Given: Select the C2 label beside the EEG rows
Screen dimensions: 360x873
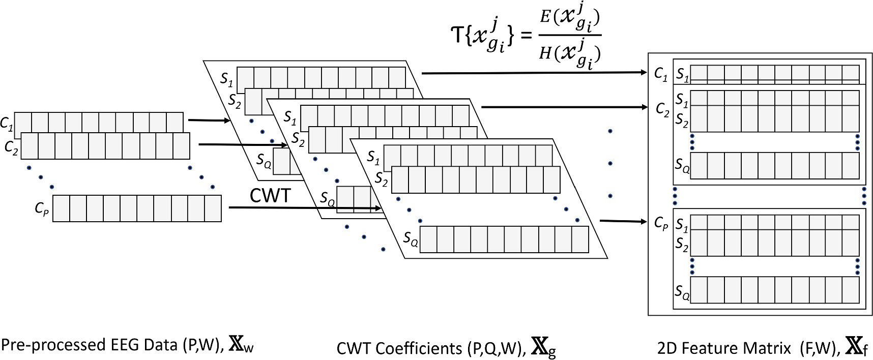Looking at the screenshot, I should point(12,147).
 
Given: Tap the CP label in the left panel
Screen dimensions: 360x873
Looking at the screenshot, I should point(42,209).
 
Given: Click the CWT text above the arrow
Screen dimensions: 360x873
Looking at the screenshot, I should point(270,196).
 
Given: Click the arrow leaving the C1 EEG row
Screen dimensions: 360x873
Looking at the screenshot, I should point(209,121).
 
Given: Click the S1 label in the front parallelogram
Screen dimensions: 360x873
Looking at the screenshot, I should point(374,158).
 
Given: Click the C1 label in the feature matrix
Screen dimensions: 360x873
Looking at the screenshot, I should point(660,75).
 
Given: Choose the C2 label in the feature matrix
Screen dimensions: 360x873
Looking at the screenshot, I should point(662,109).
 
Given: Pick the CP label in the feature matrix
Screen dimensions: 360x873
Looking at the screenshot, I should point(661,224).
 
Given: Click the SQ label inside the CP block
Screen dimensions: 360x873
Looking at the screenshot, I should point(682,291).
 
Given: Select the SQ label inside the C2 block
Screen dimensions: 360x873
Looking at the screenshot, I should point(682,165).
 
